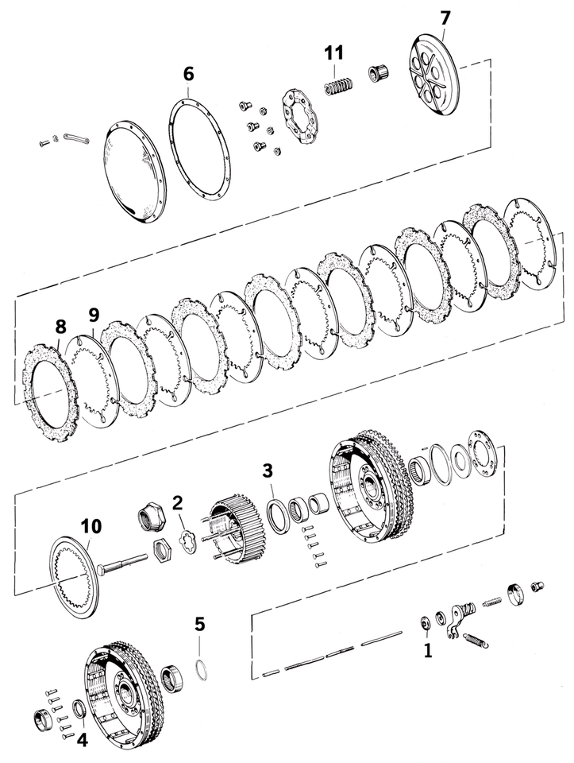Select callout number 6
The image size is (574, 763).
pos(188,73)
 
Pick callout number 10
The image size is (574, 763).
pos(91,525)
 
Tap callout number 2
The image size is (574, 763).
pos(178,502)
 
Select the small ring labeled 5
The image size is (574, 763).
pos(203,668)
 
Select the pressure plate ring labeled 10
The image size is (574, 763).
pos(75,576)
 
